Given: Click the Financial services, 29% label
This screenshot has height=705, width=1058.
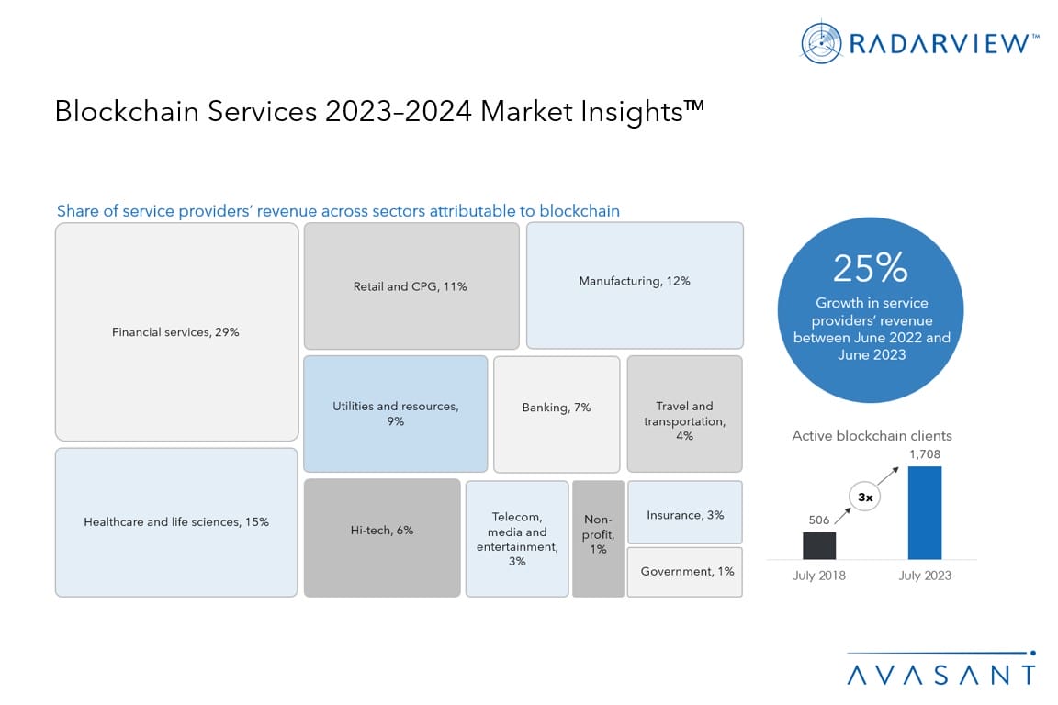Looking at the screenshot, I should point(175,332).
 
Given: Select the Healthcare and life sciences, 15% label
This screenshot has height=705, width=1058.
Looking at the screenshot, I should point(176,522).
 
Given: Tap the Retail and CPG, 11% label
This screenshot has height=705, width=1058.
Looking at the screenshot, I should point(411,286).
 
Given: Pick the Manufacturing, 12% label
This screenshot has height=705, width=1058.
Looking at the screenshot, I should point(635,281).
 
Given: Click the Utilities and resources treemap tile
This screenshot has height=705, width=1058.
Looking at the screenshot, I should point(396,413).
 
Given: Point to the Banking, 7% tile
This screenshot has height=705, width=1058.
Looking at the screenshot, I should point(557,413).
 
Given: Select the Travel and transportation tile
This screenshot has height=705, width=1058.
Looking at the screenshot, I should point(684,413).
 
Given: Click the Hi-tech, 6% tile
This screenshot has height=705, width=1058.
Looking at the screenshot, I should point(382,537).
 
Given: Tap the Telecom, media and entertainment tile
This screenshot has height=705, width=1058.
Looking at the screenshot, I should point(517,538).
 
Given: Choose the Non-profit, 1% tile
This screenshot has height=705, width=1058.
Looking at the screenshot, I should point(598,538).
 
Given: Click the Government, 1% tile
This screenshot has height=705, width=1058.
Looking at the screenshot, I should point(685,572).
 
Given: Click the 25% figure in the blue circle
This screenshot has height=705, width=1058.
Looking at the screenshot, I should point(870,268).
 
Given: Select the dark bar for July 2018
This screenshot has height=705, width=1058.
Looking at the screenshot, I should point(819,545).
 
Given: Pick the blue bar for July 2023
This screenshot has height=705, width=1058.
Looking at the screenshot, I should point(925,513).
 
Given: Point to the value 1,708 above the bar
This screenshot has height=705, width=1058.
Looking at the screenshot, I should point(925,453).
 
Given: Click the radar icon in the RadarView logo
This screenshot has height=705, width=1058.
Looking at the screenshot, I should point(821,42).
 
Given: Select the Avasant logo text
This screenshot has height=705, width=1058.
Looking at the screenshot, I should point(940,675).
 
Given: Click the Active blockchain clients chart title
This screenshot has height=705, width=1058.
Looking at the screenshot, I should point(872,436).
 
